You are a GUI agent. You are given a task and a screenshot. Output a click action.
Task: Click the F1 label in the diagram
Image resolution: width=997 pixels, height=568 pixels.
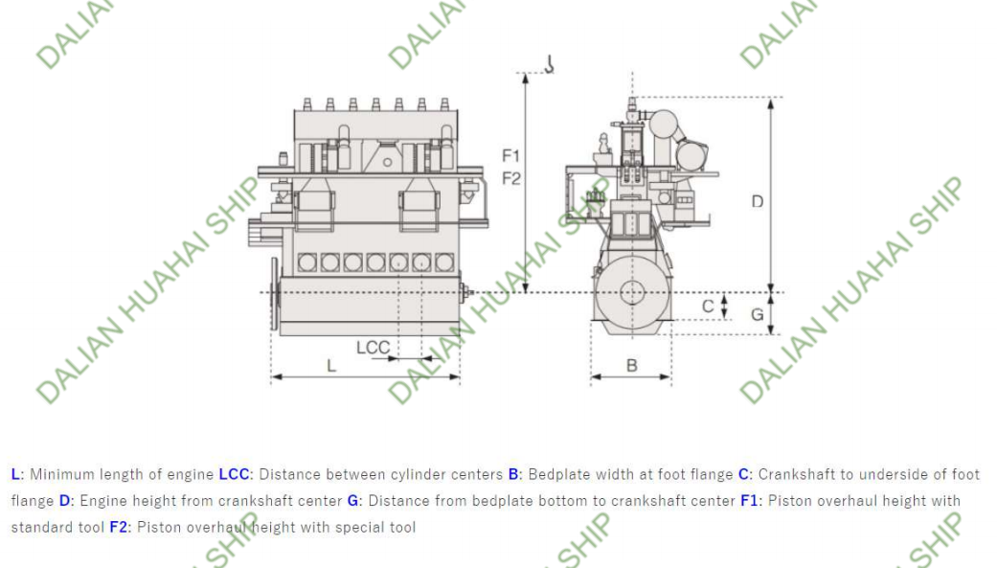[x=510, y=155]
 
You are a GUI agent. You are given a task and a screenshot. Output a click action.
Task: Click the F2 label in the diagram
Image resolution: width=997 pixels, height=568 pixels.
[x=510, y=178]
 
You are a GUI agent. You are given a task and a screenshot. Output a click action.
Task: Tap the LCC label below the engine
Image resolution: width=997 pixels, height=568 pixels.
[x=374, y=348]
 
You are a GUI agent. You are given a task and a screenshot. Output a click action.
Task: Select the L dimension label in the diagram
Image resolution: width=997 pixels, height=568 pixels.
[x=330, y=366]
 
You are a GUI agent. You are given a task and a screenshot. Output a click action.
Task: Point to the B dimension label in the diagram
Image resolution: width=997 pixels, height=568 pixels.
[x=631, y=366]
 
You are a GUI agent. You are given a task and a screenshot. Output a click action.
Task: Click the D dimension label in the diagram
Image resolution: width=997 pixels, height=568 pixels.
[x=758, y=202]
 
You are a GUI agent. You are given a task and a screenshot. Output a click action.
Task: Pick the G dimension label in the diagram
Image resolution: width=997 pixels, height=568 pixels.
[x=758, y=314]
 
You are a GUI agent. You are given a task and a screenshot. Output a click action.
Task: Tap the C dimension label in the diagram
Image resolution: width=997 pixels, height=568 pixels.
[x=708, y=307]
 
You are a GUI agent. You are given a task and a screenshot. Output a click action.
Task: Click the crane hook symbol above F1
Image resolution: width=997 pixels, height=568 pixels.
[x=550, y=63]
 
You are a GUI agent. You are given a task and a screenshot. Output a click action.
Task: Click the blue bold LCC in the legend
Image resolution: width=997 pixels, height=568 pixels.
[x=234, y=474]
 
